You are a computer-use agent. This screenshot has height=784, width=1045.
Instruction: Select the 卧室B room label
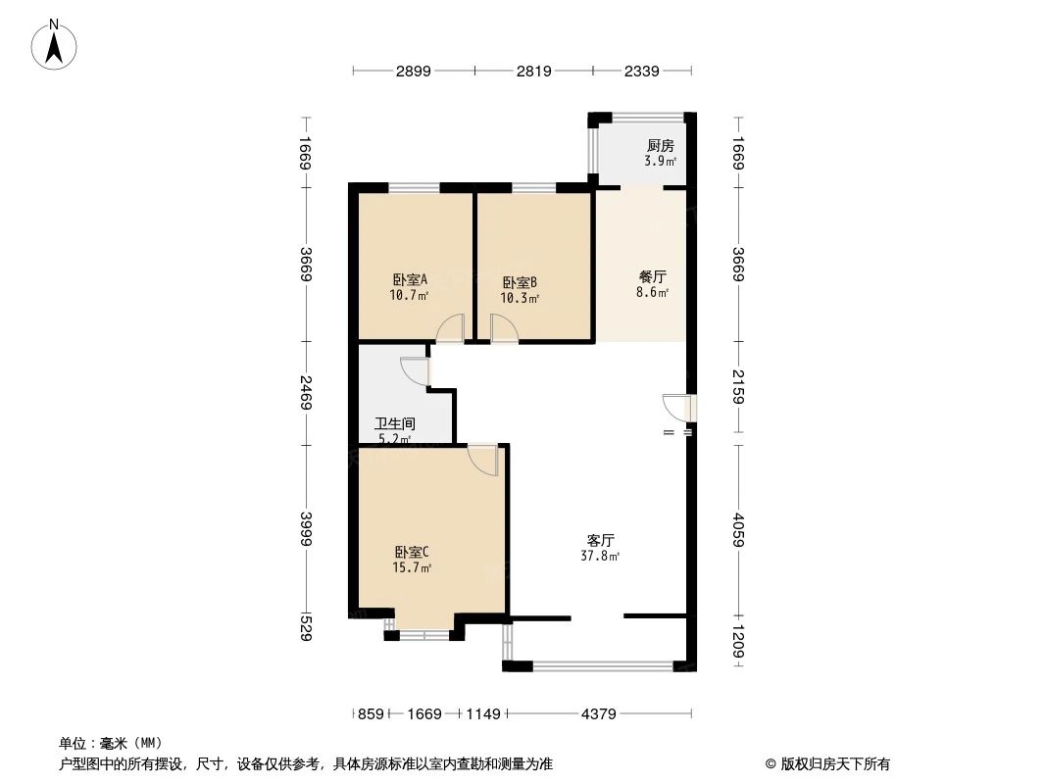click(520, 282)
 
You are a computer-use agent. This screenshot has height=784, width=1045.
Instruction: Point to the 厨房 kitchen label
click(660, 146)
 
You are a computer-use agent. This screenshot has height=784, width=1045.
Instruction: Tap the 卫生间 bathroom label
click(396, 424)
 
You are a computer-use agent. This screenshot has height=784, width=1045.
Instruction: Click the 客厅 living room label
click(601, 540)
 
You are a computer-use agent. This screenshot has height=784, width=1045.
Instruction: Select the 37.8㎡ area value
click(601, 556)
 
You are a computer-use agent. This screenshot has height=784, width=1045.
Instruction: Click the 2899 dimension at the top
click(414, 71)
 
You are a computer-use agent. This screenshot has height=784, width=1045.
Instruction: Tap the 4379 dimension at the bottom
click(598, 714)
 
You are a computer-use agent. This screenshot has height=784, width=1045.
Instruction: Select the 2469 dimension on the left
click(306, 393)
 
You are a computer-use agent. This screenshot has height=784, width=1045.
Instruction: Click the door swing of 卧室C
click(482, 460)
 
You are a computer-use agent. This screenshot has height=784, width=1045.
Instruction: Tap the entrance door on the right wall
click(678, 407)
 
